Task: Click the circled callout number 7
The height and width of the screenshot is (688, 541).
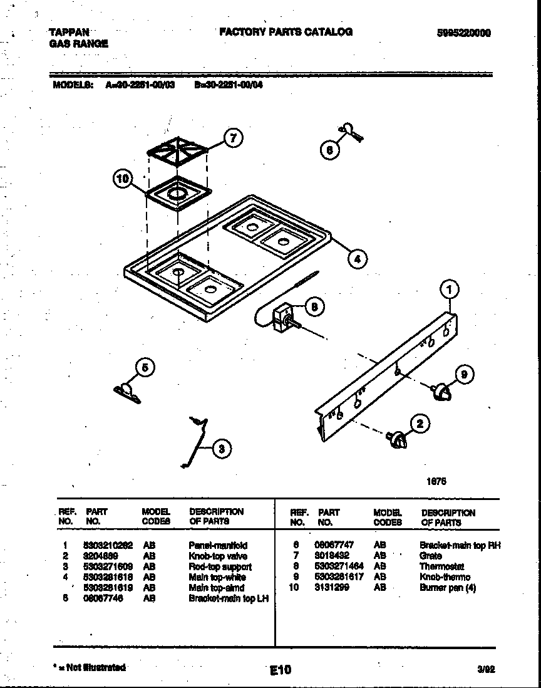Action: [x=233, y=138]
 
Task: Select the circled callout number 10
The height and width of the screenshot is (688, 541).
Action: [x=124, y=179]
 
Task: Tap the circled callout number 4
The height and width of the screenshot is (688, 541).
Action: [x=357, y=258]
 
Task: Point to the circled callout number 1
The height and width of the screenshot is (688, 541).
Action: [x=450, y=289]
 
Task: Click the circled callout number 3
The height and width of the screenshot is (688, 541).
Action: [x=220, y=447]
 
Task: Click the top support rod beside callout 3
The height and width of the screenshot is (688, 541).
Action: [x=195, y=440]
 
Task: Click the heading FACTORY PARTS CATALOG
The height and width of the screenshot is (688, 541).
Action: [x=286, y=31]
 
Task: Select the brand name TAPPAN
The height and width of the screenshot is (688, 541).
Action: [x=69, y=32]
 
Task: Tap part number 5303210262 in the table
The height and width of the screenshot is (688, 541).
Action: [x=108, y=545]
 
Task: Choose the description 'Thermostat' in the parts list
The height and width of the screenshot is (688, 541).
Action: [x=441, y=566]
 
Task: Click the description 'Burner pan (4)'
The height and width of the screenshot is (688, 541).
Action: [x=448, y=588]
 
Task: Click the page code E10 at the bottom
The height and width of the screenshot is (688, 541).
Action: [x=281, y=670]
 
